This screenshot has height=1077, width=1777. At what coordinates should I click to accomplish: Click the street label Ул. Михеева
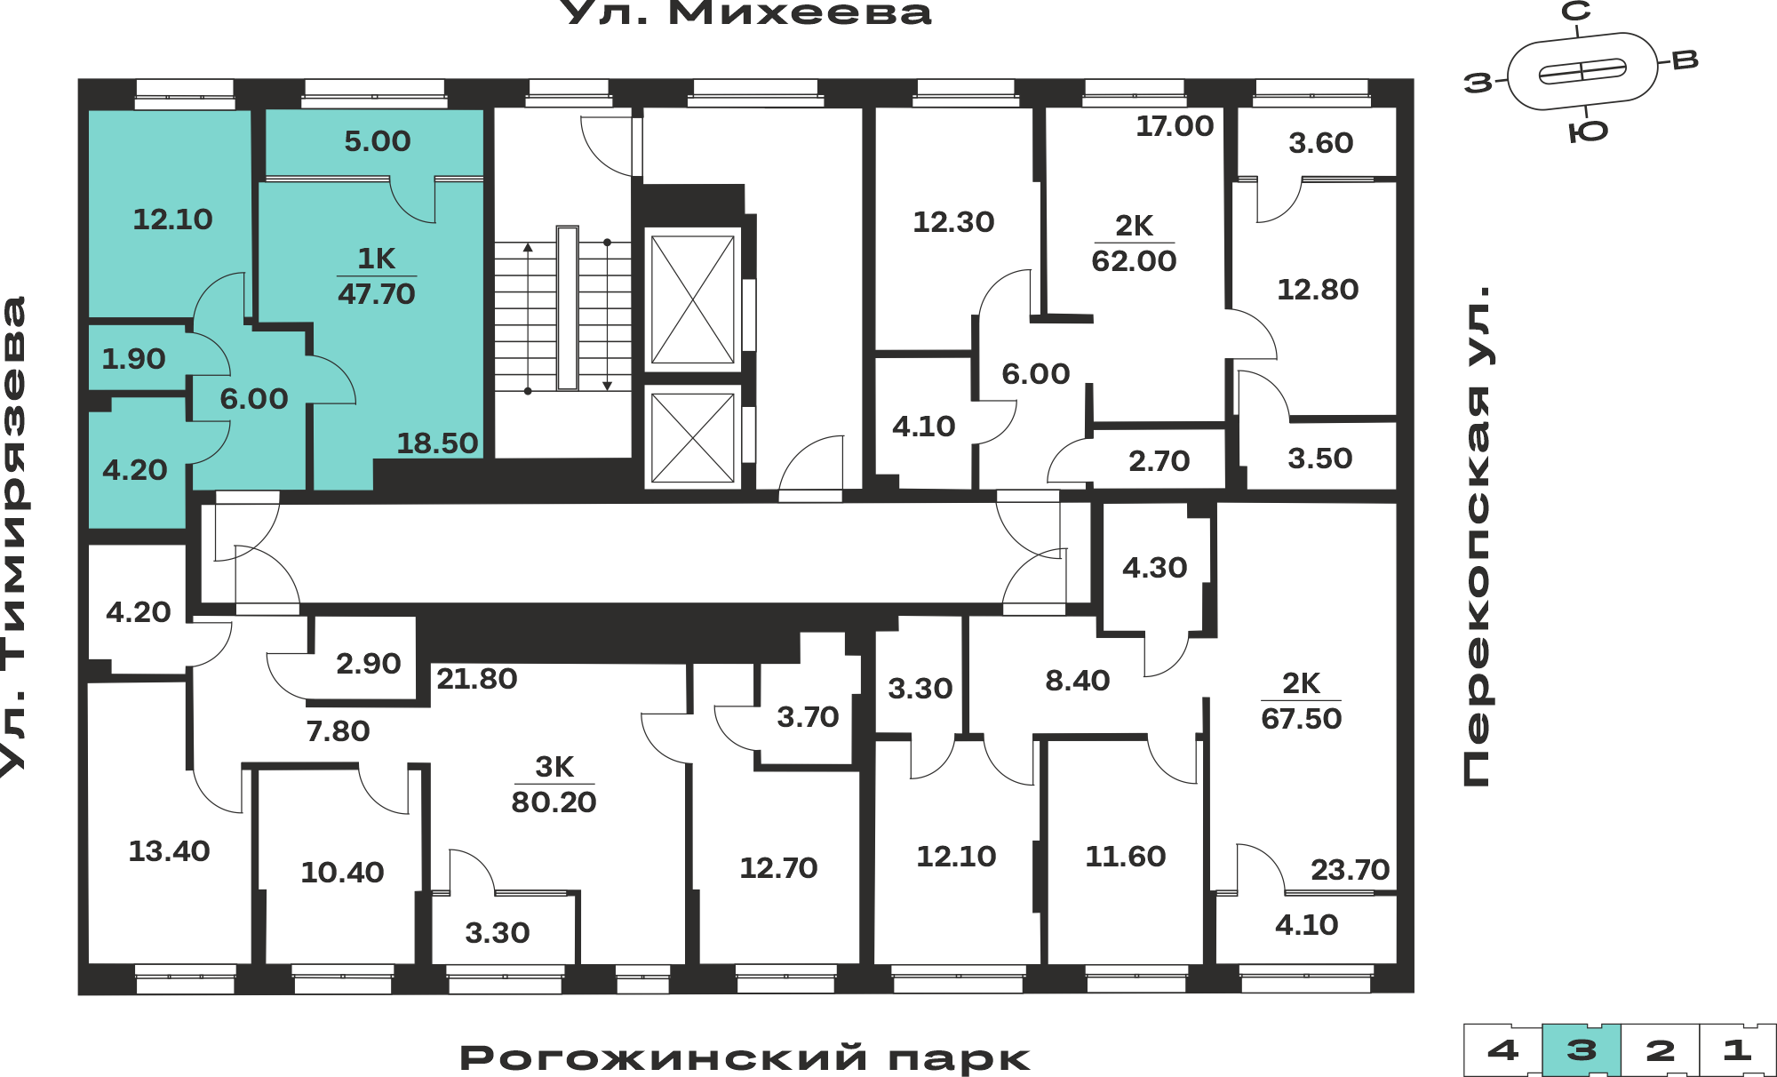pos(747,12)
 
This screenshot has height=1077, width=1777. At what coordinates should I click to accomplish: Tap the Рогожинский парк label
pos(745,1057)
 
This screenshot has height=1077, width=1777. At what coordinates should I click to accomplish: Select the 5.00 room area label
pos(378,140)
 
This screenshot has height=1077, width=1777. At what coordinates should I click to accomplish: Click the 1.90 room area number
pos(133,358)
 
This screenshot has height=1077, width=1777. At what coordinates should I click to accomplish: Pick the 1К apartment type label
pos(377,258)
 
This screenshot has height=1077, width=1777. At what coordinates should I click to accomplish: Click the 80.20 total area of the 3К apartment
pos(554,802)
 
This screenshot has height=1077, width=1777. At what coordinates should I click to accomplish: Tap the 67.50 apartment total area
pos(1302,718)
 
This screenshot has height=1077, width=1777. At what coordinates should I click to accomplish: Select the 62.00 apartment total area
pos(1134,260)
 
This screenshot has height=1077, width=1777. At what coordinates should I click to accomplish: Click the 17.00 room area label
pos(1175,126)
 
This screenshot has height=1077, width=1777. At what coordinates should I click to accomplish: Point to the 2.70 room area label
pos(1159,460)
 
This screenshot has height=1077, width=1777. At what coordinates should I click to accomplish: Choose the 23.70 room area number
pos(1350,869)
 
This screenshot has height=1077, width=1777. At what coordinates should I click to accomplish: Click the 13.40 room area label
pos(169,850)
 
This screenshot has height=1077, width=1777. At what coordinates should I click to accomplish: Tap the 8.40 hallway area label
pos(1078,680)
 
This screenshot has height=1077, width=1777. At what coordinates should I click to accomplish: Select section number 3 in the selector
pos(1582,1050)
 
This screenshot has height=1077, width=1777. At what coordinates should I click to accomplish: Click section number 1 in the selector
pos(1738,1050)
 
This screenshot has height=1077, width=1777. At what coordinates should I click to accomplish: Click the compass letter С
pos(1576,12)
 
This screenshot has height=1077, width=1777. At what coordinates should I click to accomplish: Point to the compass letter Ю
pos(1589,132)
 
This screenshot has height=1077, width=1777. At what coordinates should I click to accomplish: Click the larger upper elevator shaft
pos(693,299)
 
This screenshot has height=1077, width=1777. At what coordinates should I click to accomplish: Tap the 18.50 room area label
pos(437,443)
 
